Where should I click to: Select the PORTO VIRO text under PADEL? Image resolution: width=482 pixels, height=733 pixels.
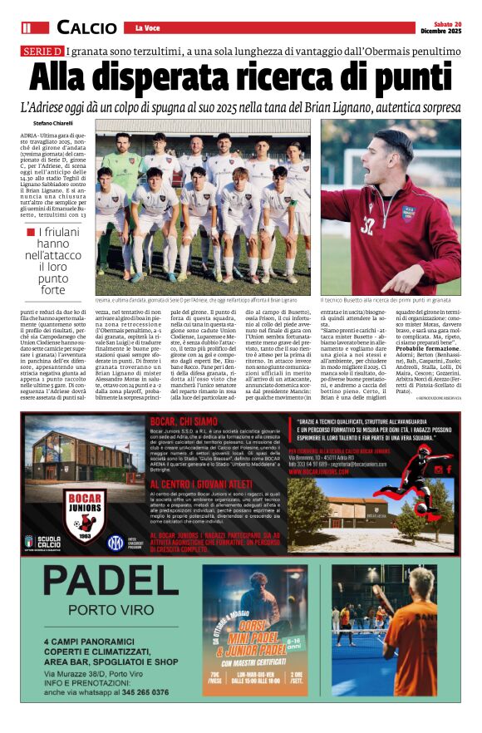coord(86,616)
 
